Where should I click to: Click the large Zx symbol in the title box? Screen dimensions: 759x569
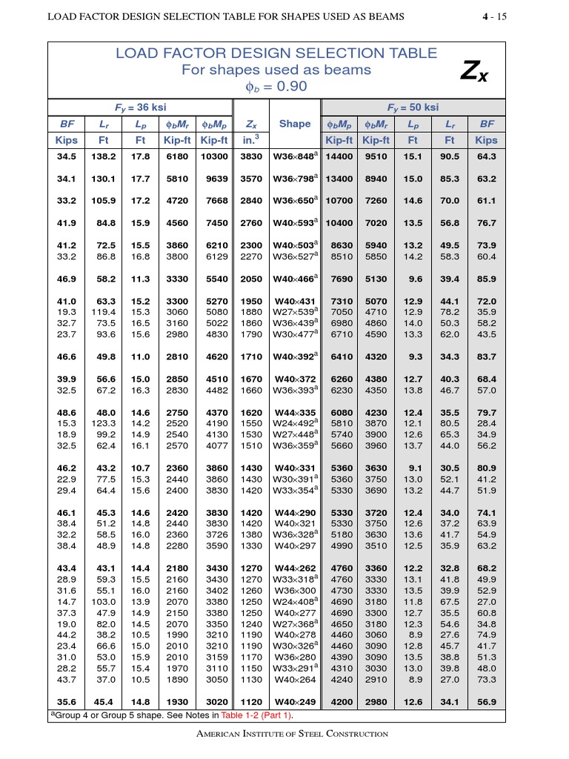pyautogui.click(x=474, y=70)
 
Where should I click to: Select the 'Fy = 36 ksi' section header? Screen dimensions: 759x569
pyautogui.click(x=140, y=107)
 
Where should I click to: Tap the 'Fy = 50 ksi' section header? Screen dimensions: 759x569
pyautogui.click(x=413, y=107)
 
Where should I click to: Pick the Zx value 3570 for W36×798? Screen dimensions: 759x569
pyautogui.click(x=252, y=179)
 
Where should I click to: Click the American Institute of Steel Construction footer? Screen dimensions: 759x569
pyautogui.click(x=284, y=734)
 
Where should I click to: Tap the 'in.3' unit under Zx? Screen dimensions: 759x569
pyautogui.click(x=252, y=140)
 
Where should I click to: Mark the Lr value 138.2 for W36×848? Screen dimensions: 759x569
pyautogui.click(x=104, y=156)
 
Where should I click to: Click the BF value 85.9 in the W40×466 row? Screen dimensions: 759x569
pyautogui.click(x=486, y=279)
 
